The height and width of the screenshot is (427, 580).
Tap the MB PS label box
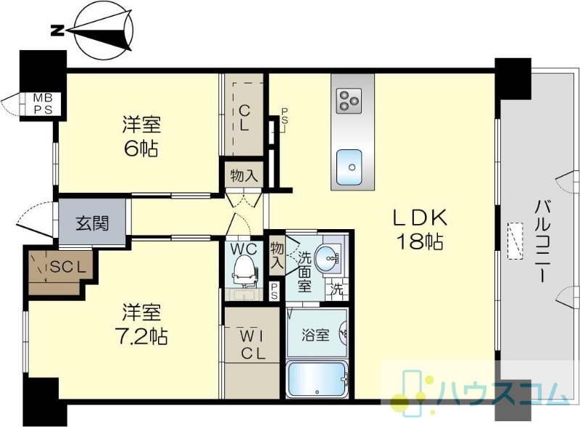pyautogui.click(x=43, y=104)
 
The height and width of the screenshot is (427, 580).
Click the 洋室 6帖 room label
pyautogui.click(x=141, y=136)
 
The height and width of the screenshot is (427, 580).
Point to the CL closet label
pyautogui.click(x=244, y=118)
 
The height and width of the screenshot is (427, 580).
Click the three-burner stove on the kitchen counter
pyautogui.click(x=349, y=101)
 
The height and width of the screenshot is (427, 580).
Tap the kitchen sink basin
pyautogui.click(x=349, y=167)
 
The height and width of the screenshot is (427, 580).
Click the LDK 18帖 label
pyautogui.click(x=420, y=229)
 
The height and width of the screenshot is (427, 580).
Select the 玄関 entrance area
pyautogui.click(x=92, y=222)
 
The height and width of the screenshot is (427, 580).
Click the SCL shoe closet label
pyautogui.click(x=68, y=267)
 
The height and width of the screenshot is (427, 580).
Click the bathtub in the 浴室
pyautogui.click(x=317, y=379)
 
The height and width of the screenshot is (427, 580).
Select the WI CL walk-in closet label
pyautogui.click(x=253, y=345)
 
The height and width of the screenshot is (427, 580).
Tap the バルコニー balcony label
pyautogui.click(x=542, y=241)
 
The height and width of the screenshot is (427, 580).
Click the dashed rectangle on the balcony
pyautogui.click(x=515, y=241)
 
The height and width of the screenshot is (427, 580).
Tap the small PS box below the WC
pyautogui.click(x=275, y=291)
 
